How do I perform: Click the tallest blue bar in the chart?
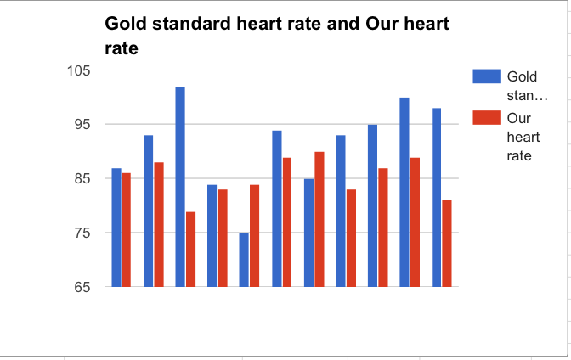(180, 187)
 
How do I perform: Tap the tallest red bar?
(319, 219)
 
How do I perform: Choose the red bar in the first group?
(127, 230)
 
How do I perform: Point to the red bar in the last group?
(447, 244)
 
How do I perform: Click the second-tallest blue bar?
(404, 192)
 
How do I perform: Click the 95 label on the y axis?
(82, 125)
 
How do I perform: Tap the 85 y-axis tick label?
(82, 179)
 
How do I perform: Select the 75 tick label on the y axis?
(82, 233)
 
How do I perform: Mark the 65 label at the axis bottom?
(82, 288)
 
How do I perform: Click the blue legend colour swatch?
(484, 76)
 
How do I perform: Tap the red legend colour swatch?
(484, 117)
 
